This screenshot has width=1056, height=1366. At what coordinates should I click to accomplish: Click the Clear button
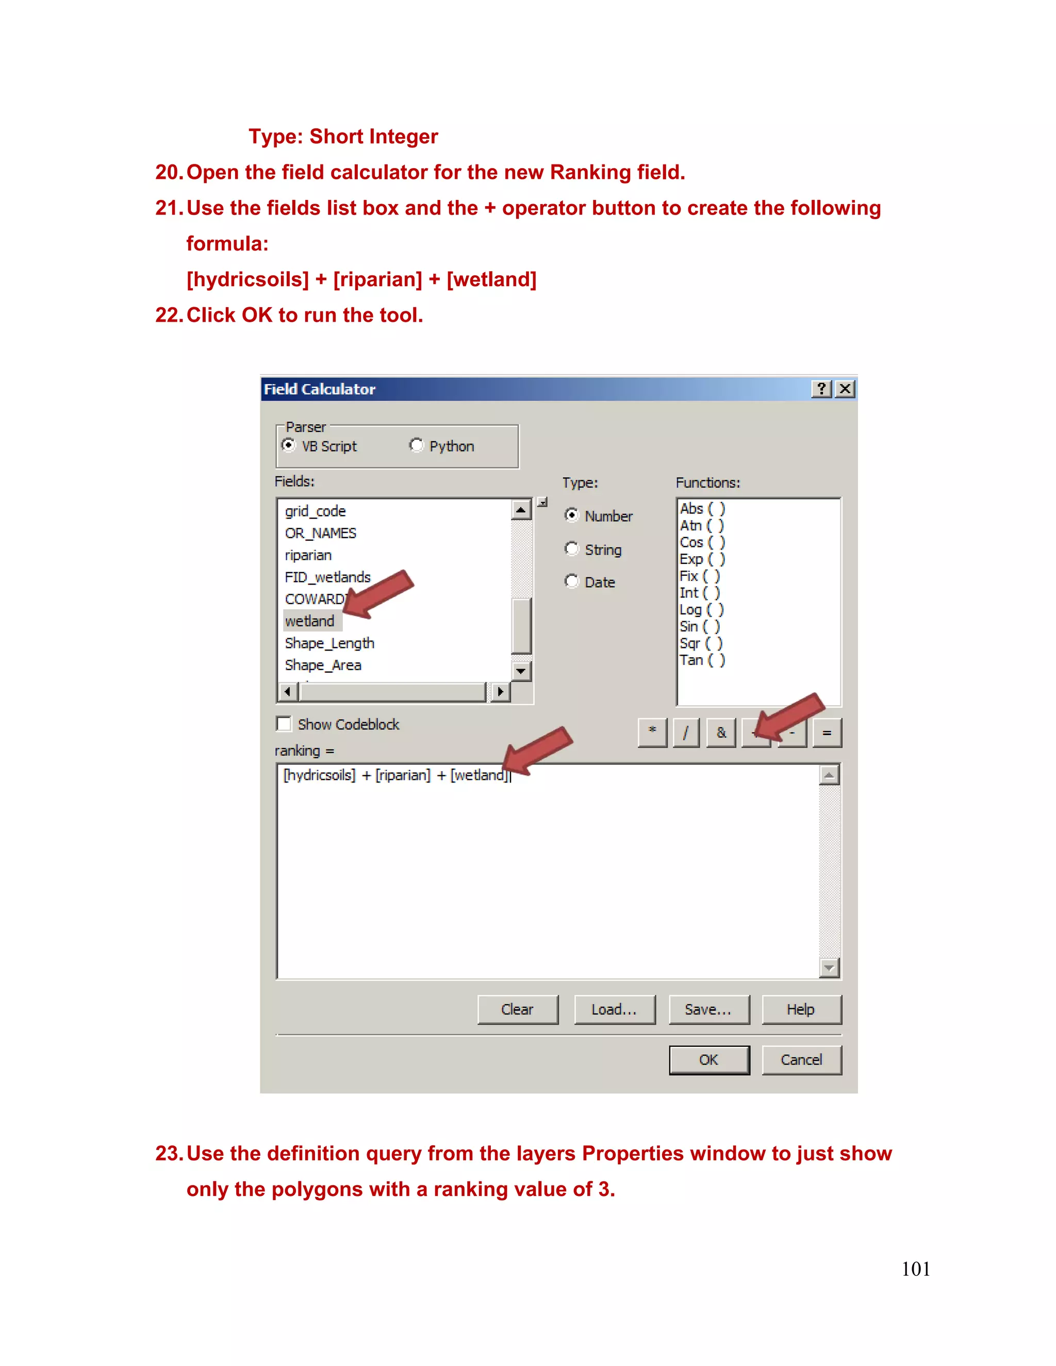[517, 1009]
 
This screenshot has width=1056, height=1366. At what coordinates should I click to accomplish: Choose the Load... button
[614, 1009]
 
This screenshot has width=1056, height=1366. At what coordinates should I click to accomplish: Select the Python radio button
[416, 445]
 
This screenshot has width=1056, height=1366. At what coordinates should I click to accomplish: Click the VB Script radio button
[288, 445]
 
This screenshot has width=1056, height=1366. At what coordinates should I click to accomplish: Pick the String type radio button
[572, 548]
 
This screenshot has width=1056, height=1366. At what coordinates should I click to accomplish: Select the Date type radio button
[572, 581]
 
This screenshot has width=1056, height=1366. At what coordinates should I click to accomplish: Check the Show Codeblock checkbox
[284, 724]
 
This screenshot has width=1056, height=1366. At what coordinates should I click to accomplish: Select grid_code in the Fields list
[315, 511]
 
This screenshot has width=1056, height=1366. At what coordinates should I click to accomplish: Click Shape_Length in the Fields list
[329, 643]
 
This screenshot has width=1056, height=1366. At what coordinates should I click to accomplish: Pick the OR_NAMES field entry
[320, 533]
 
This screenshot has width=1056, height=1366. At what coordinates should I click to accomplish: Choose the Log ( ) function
[701, 609]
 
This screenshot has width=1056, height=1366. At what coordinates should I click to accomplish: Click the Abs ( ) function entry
[702, 508]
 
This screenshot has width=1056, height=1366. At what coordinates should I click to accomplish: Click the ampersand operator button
[721, 732]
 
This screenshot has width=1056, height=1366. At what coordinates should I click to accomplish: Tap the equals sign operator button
[827, 732]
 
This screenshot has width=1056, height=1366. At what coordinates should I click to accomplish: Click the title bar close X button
[845, 389]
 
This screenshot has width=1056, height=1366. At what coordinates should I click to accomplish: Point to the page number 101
[915, 1269]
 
